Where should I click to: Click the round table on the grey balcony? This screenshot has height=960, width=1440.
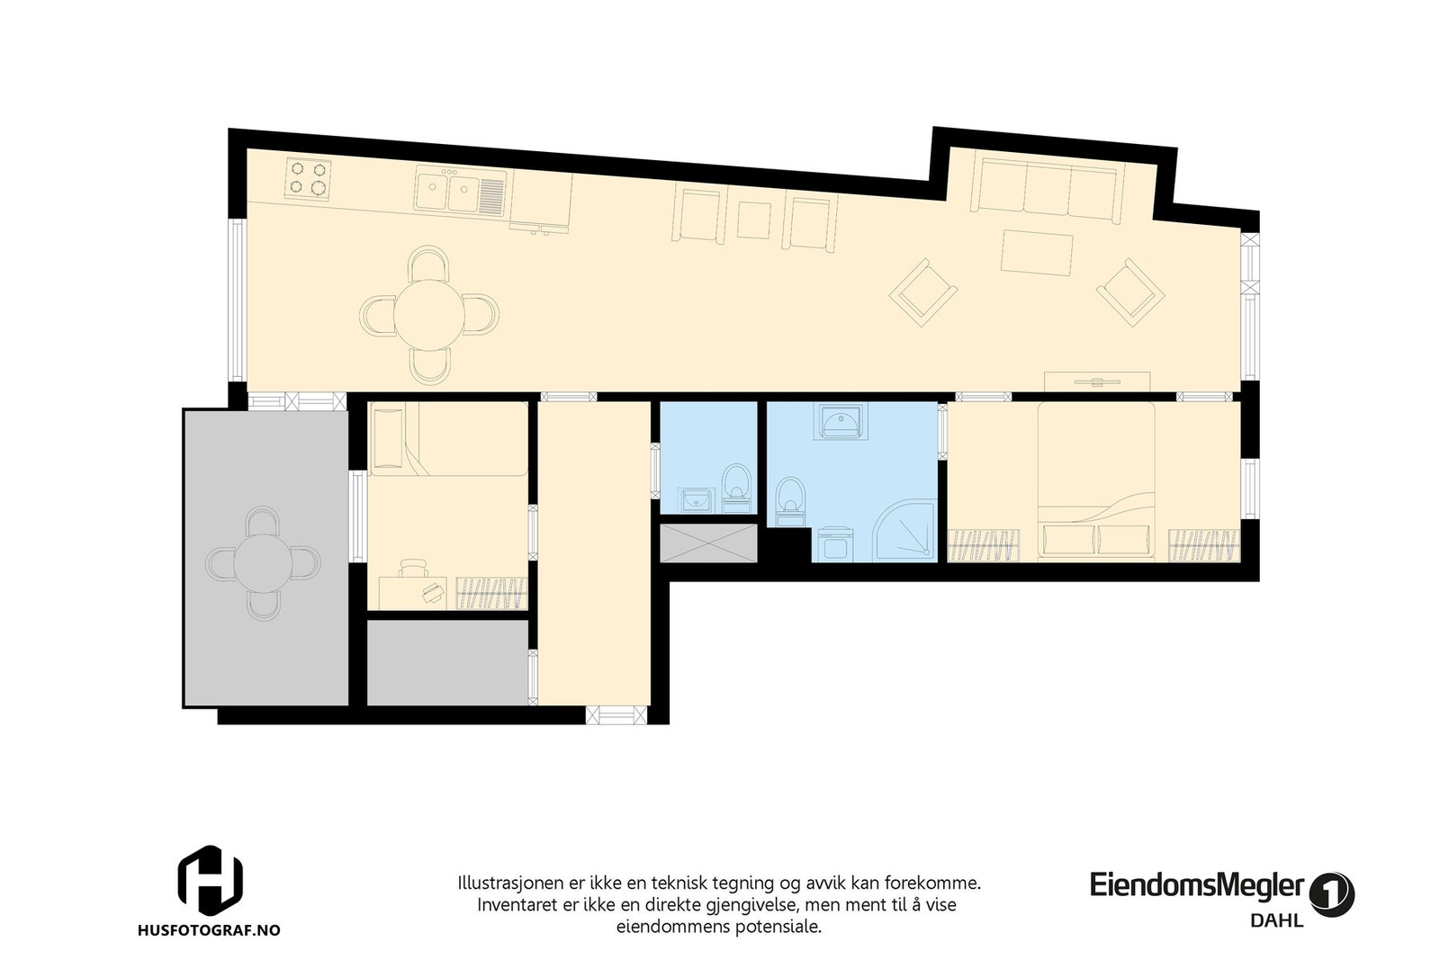tap(262, 563)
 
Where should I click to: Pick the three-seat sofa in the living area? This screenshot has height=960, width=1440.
tap(1048, 186)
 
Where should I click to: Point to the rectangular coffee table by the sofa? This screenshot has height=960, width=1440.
tap(1038, 254)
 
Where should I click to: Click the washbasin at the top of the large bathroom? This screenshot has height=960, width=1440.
tap(841, 420)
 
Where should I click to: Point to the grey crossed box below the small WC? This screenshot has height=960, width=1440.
tap(708, 543)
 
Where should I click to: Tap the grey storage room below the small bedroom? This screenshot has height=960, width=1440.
tap(447, 663)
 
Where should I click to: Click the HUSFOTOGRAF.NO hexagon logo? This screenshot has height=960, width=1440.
tap(209, 877)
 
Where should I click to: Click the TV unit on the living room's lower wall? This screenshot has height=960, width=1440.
tap(1097, 381)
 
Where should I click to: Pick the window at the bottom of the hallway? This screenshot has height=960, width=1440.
tap(616, 715)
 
